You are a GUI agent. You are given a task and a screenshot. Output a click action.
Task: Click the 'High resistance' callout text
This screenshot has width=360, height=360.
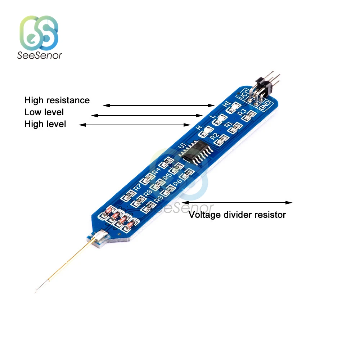(x=57, y=100)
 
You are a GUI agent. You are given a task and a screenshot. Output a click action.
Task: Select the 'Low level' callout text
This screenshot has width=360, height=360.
(x=44, y=112)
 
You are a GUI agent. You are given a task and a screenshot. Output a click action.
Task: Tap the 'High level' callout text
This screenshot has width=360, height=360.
(x=45, y=124)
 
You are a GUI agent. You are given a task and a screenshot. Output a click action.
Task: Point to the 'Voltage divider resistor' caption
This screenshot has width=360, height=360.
(x=237, y=215)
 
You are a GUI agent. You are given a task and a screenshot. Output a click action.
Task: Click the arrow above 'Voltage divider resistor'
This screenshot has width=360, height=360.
(x=237, y=203)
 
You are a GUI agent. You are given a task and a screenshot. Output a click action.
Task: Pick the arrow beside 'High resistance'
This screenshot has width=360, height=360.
(x=159, y=105)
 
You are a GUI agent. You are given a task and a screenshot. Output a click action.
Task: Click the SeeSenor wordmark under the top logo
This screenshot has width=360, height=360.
(x=40, y=55)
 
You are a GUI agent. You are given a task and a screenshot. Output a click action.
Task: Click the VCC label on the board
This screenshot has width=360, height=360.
(x=242, y=94)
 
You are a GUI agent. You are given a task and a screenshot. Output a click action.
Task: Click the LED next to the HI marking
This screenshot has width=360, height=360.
(x=235, y=107)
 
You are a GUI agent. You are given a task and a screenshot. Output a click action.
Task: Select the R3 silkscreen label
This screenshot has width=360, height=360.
(x=243, y=112)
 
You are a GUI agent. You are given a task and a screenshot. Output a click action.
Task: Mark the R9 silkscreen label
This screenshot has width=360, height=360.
(x=158, y=199)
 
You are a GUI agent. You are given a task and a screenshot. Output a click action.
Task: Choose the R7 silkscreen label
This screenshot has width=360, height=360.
(x=137, y=187)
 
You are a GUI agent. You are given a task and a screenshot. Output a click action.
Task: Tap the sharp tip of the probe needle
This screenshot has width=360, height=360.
(x=36, y=290)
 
